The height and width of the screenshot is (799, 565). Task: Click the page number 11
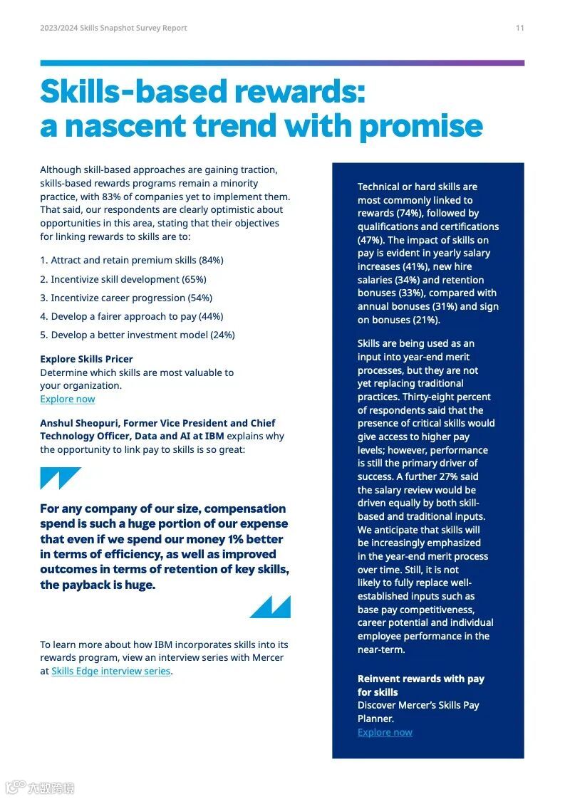pyautogui.click(x=519, y=28)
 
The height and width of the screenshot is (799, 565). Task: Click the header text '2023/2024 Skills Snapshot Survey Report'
pyautogui.click(x=113, y=28)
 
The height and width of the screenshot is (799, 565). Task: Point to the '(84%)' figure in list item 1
pyautogui.click(x=211, y=261)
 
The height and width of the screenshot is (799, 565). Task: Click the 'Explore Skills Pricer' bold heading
pyautogui.click(x=86, y=359)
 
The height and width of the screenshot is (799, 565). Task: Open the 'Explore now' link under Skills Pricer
pyautogui.click(x=67, y=399)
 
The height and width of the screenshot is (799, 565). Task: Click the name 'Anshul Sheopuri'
pyautogui.click(x=78, y=423)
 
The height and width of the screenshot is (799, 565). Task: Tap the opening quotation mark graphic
pyautogui.click(x=60, y=477)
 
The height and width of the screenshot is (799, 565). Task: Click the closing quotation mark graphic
pyautogui.click(x=270, y=607)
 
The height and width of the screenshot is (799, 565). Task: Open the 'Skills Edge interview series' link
pyautogui.click(x=110, y=671)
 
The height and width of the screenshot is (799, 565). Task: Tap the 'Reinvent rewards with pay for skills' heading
pyautogui.click(x=420, y=685)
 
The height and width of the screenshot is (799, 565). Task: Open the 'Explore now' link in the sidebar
pyautogui.click(x=385, y=732)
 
